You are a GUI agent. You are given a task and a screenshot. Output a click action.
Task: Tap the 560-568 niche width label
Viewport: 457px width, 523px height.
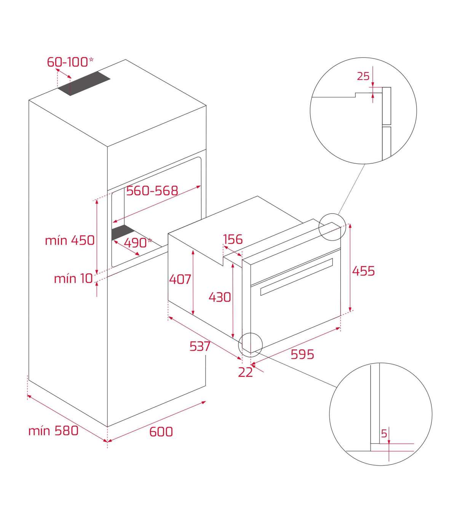(x=152, y=191)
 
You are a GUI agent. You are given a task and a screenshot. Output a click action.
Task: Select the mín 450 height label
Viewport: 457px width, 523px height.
(x=70, y=241)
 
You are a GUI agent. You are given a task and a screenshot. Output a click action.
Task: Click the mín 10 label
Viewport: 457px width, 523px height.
(x=73, y=279)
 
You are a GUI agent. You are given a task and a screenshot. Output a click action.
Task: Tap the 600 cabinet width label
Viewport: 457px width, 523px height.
(x=161, y=432)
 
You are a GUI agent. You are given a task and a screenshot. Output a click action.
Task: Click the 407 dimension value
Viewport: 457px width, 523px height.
(x=180, y=279)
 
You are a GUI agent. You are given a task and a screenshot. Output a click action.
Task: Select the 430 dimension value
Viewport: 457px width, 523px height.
(x=220, y=297)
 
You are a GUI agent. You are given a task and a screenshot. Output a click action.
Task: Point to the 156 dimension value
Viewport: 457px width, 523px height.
(x=233, y=239)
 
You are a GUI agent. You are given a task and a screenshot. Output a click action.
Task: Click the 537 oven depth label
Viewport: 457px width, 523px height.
(x=200, y=347)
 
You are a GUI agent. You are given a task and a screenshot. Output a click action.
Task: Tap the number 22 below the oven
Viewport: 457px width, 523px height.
(x=245, y=372)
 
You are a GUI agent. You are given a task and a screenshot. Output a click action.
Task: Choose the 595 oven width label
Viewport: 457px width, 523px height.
(x=302, y=354)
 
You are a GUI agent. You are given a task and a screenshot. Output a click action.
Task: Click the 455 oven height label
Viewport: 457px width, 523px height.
(x=363, y=271)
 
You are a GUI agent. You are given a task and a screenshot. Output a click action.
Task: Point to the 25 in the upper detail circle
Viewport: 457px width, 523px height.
(x=363, y=76)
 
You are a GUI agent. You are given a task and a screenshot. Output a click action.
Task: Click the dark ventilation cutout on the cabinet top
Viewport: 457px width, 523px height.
(x=84, y=83)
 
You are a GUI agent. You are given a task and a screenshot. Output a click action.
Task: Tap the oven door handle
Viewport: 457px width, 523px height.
(x=297, y=277)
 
